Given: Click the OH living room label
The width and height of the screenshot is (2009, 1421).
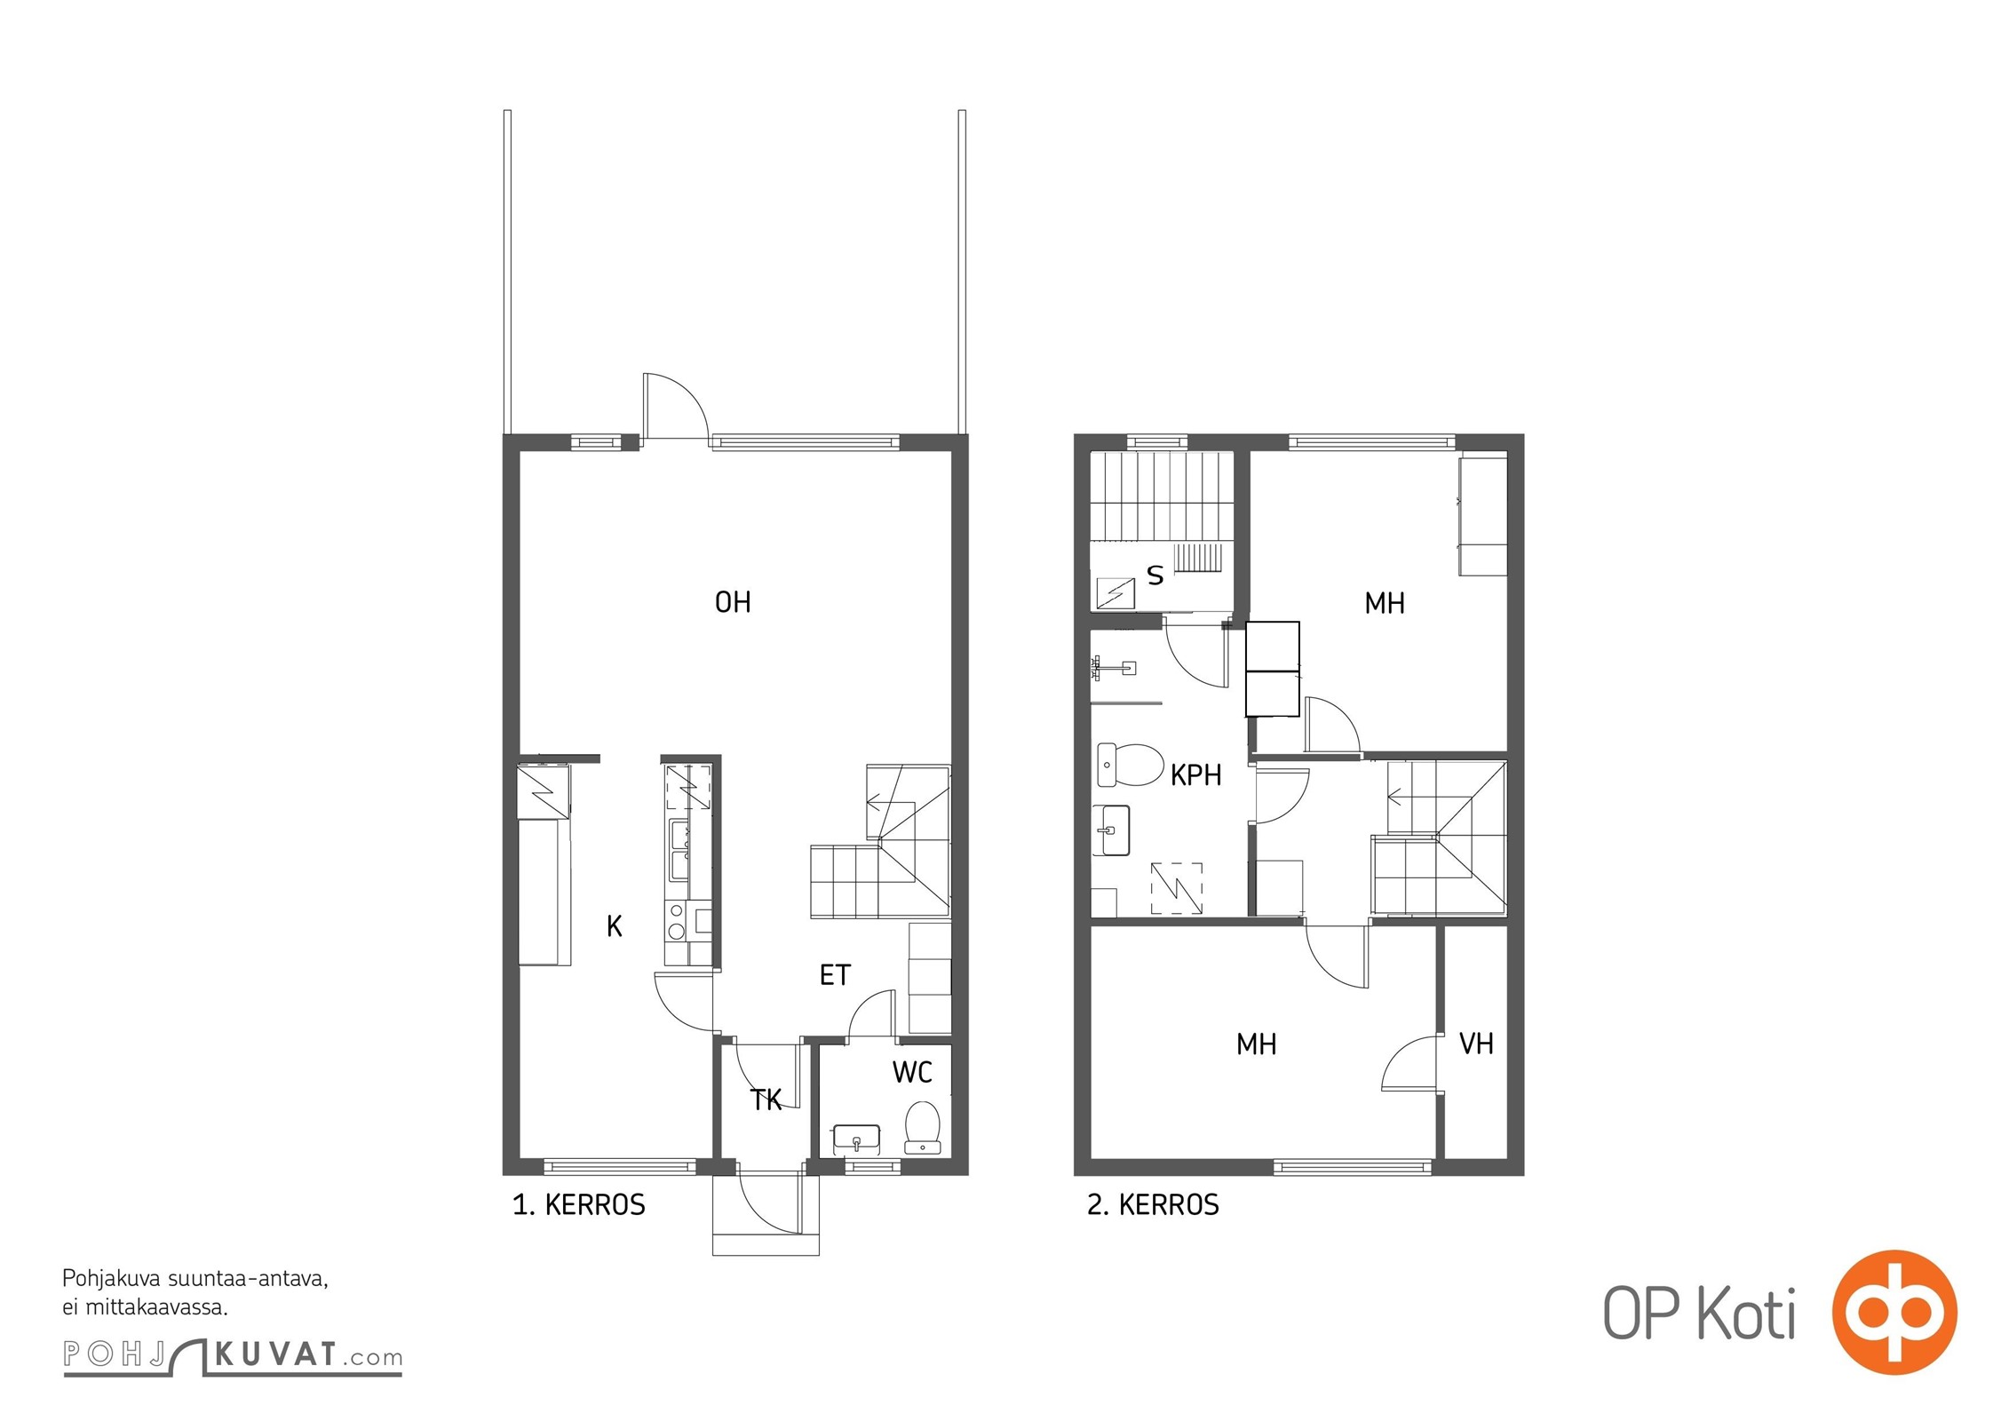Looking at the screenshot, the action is pos(733,603).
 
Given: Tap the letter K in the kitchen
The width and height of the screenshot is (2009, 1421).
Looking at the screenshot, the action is pos(615,927).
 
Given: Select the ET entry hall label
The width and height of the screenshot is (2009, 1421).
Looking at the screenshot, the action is pos(835,975).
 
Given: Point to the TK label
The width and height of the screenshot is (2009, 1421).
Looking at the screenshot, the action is pos(766,1100).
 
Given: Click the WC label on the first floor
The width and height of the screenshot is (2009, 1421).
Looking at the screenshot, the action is pos(912,1073).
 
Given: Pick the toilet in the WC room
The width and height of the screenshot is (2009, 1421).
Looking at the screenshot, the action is pos(923,1128).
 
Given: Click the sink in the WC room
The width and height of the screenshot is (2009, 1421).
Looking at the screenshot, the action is pos(856,1139).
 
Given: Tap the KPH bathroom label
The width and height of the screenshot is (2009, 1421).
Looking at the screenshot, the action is pos(1195,775).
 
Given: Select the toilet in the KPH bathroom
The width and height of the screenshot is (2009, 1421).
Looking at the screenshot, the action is pos(1131,766).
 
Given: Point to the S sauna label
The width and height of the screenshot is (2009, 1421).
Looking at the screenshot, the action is pos(1155,576).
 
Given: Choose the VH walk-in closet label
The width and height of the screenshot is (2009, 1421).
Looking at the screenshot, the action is pos(1476,1044).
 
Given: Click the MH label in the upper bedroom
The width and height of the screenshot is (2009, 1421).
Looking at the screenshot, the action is pos(1385,604).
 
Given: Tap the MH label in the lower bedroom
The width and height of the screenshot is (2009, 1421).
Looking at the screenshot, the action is pos(1256,1044).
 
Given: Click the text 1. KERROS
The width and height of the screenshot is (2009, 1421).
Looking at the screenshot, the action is pos(579,1205).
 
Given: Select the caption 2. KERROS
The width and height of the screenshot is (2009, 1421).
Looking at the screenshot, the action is pos(1153,1205).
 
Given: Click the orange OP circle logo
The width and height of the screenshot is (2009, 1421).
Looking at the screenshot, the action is pos(1894,1313).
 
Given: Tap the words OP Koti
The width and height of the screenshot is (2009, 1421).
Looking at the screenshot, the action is pos(1699,1314).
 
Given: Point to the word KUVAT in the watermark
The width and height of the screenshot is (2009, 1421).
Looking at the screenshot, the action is pos(275,1355).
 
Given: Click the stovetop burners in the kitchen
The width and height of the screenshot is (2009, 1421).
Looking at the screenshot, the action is pos(677,921).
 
